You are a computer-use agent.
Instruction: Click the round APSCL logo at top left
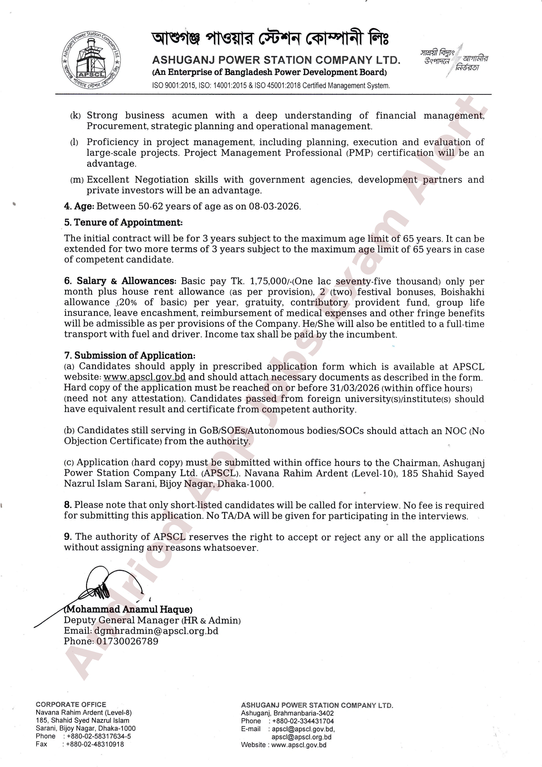pyautogui.click(x=91, y=61)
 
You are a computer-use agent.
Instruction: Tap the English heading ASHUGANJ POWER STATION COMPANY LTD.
pyautogui.click(x=276, y=60)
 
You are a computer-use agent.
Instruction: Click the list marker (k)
pyautogui.click(x=75, y=116)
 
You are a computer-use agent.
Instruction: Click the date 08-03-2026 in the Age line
pyautogui.click(x=274, y=206)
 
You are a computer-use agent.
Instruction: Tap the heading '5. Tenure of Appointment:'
pyautogui.click(x=123, y=223)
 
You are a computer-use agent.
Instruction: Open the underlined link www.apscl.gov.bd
pyautogui.click(x=144, y=377)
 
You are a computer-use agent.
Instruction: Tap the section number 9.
pyautogui.click(x=68, y=537)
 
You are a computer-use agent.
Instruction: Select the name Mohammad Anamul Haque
pyautogui.click(x=128, y=609)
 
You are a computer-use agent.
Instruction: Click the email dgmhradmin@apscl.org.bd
pyautogui.click(x=156, y=631)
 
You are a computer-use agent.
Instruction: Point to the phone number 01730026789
pyautogui.click(x=127, y=641)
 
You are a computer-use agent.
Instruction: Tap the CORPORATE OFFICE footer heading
pyautogui.click(x=71, y=704)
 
